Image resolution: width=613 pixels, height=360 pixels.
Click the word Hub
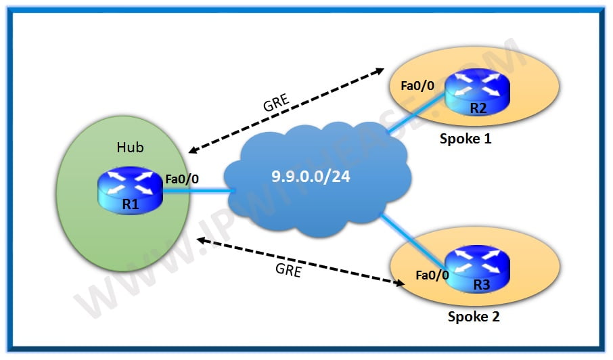click(x=130, y=147)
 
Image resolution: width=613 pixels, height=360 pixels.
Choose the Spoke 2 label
click(x=473, y=316)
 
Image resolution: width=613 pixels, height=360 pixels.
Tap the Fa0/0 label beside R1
click(x=181, y=179)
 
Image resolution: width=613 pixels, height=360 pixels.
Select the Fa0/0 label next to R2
click(x=417, y=87)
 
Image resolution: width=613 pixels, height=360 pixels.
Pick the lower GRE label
click(x=288, y=270)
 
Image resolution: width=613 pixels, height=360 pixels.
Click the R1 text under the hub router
click(x=131, y=204)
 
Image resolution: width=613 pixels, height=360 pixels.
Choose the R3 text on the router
click(x=481, y=284)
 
